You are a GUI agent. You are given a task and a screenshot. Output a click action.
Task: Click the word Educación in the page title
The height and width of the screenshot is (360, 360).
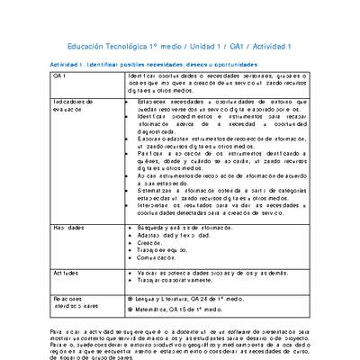91,46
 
